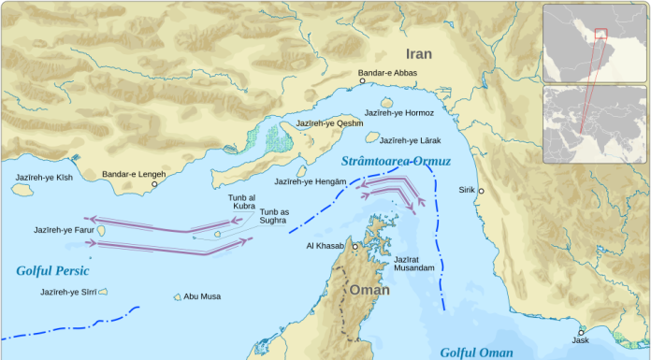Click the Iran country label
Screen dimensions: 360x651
[x=418, y=54]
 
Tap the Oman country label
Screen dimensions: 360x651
[x=369, y=289]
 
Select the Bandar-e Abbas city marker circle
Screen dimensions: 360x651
[x=363, y=81]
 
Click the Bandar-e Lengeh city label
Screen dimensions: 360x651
[x=133, y=174]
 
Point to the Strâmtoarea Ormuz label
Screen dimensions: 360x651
[x=396, y=162]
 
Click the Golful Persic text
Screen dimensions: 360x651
[x=52, y=271]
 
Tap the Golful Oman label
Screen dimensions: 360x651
[x=476, y=352]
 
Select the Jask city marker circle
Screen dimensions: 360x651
[x=582, y=332]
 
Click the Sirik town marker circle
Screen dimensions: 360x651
[x=481, y=191]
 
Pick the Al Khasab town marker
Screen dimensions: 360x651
[x=355, y=247]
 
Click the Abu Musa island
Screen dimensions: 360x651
[x=177, y=297]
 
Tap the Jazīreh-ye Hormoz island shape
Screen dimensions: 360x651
[x=386, y=103]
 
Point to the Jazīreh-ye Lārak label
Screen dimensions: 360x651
[x=410, y=140]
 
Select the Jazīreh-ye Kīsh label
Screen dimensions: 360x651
[x=43, y=177]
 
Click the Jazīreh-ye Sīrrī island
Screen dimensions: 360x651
[x=105, y=292]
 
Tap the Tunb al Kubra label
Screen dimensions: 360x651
[x=241, y=202]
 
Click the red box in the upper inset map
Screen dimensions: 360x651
[x=600, y=34]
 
